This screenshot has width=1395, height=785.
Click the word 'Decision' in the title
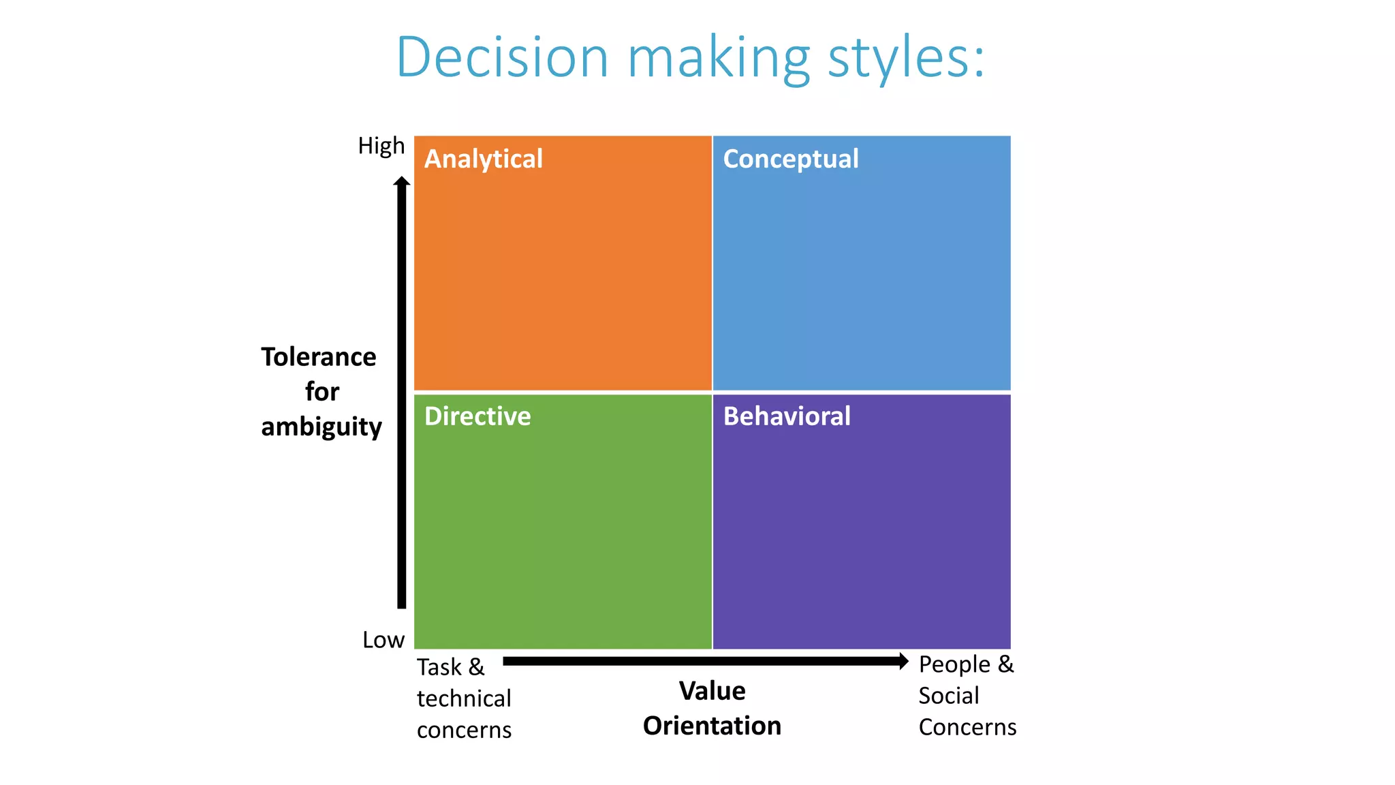pyautogui.click(x=502, y=57)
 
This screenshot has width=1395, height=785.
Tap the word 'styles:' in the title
pyautogui.click(x=906, y=59)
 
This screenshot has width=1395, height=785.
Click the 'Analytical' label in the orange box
pyautogui.click(x=483, y=159)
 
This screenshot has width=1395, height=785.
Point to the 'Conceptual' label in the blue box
pyautogui.click(x=790, y=159)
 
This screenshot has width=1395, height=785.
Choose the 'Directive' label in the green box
pyautogui.click(x=477, y=416)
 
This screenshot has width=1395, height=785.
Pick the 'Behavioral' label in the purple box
pyautogui.click(x=787, y=416)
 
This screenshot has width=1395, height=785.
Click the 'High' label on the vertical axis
pyautogui.click(x=381, y=146)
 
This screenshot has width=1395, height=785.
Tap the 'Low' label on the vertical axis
pyautogui.click(x=383, y=640)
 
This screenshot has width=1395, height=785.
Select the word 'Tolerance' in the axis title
pyautogui.click(x=318, y=357)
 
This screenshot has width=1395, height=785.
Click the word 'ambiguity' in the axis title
pyautogui.click(x=321, y=427)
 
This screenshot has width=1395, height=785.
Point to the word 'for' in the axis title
pyautogui.click(x=322, y=392)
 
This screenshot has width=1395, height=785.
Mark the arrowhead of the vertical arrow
pyautogui.click(x=402, y=181)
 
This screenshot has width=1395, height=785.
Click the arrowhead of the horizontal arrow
pyautogui.click(x=903, y=661)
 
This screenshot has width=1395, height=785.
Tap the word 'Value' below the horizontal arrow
pyautogui.click(x=712, y=691)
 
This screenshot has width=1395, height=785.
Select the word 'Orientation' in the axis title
pyautogui.click(x=712, y=726)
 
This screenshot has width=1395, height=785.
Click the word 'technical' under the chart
pyautogui.click(x=463, y=698)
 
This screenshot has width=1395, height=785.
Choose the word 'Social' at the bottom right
pyautogui.click(x=948, y=696)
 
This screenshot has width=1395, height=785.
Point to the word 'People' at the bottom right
pyautogui.click(x=954, y=664)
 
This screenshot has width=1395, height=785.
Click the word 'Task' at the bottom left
pyautogui.click(x=439, y=667)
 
